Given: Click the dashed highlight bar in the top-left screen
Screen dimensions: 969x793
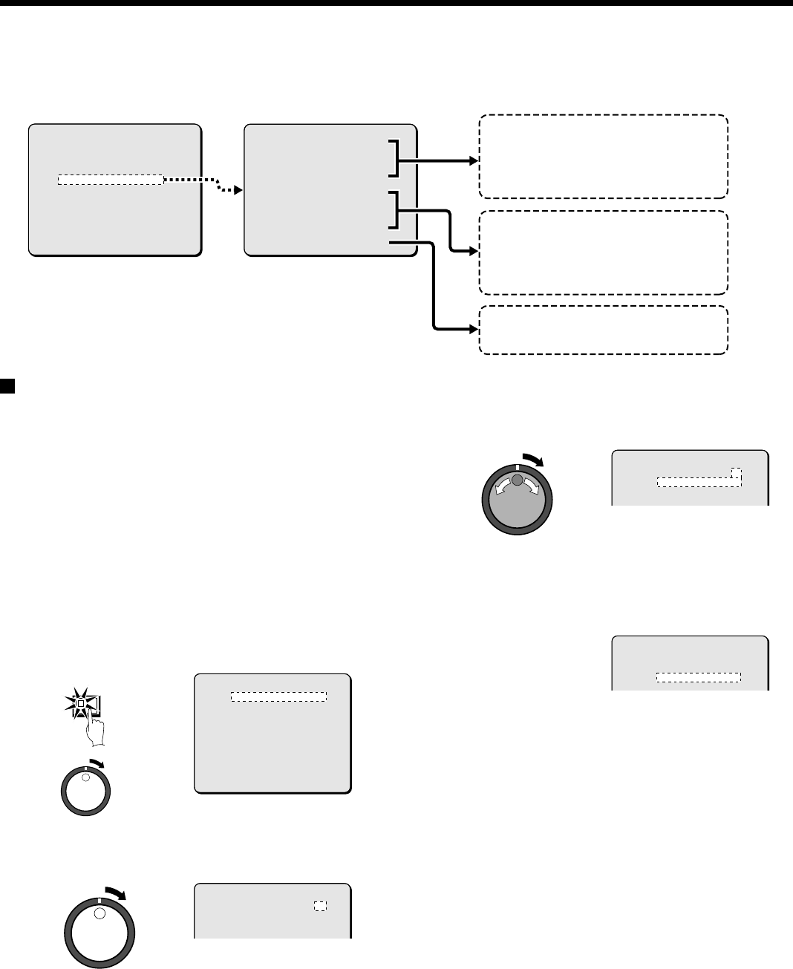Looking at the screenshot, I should tap(110, 180).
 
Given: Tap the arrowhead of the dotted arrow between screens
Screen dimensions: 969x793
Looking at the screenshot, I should tap(238, 190).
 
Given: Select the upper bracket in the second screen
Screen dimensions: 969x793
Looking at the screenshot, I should tap(393, 157).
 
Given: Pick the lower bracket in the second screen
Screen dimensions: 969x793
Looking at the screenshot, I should tap(393, 209).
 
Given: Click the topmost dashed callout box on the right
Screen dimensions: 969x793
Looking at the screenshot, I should tap(603, 157).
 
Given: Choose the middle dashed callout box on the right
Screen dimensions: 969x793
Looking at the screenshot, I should tap(603, 252).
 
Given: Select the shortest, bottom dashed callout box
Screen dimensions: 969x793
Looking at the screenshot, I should tap(603, 330).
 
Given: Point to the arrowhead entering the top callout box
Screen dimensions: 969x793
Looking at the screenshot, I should tap(474, 160).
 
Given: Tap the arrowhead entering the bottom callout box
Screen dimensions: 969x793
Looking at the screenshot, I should tap(474, 329).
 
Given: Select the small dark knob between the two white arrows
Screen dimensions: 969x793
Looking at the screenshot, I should tap(518, 482).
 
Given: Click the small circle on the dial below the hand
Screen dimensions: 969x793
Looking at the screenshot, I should tap(85, 777).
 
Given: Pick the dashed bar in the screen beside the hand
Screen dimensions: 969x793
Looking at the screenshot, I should tap(278, 696).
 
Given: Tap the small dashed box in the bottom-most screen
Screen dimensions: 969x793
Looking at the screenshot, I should tap(320, 906).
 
